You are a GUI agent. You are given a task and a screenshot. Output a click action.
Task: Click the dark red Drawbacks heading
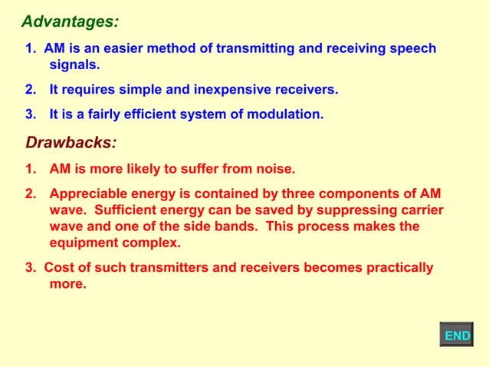(71, 142)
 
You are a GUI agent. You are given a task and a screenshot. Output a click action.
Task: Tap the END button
(457, 336)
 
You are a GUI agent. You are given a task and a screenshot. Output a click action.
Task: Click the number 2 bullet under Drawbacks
(31, 193)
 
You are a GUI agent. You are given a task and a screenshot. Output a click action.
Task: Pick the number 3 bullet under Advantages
(31, 115)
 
